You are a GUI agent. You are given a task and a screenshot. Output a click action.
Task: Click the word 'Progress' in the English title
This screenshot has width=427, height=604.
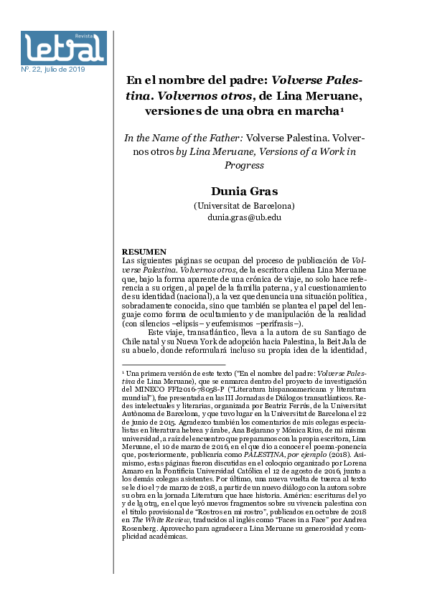[245, 164]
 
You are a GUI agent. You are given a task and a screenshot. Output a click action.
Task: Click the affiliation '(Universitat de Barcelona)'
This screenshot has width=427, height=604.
[244, 206]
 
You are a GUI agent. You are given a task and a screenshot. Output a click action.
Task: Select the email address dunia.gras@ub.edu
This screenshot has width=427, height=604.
[244, 217]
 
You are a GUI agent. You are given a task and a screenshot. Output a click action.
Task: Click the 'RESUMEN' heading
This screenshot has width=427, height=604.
[144, 252]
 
